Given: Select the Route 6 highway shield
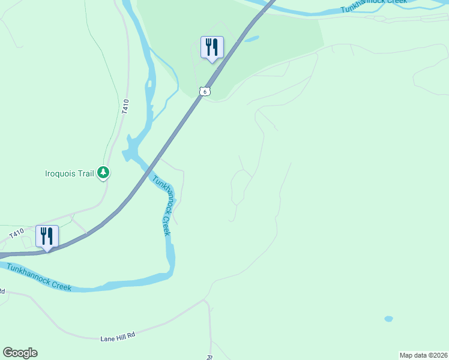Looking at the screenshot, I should click(205, 91).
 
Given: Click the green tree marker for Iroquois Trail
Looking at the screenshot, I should click(104, 173).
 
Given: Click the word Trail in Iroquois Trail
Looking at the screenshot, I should click(87, 174).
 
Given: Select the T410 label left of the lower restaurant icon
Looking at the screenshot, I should click(16, 232).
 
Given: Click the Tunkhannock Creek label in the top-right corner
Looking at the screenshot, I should click(373, 5).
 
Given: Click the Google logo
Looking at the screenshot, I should click(20, 353).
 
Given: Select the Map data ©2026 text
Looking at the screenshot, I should click(423, 355).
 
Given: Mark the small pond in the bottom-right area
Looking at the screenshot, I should click(388, 319).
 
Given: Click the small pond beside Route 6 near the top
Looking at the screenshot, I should click(252, 40).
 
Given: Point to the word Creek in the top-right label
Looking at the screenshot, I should click(393, 3).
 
